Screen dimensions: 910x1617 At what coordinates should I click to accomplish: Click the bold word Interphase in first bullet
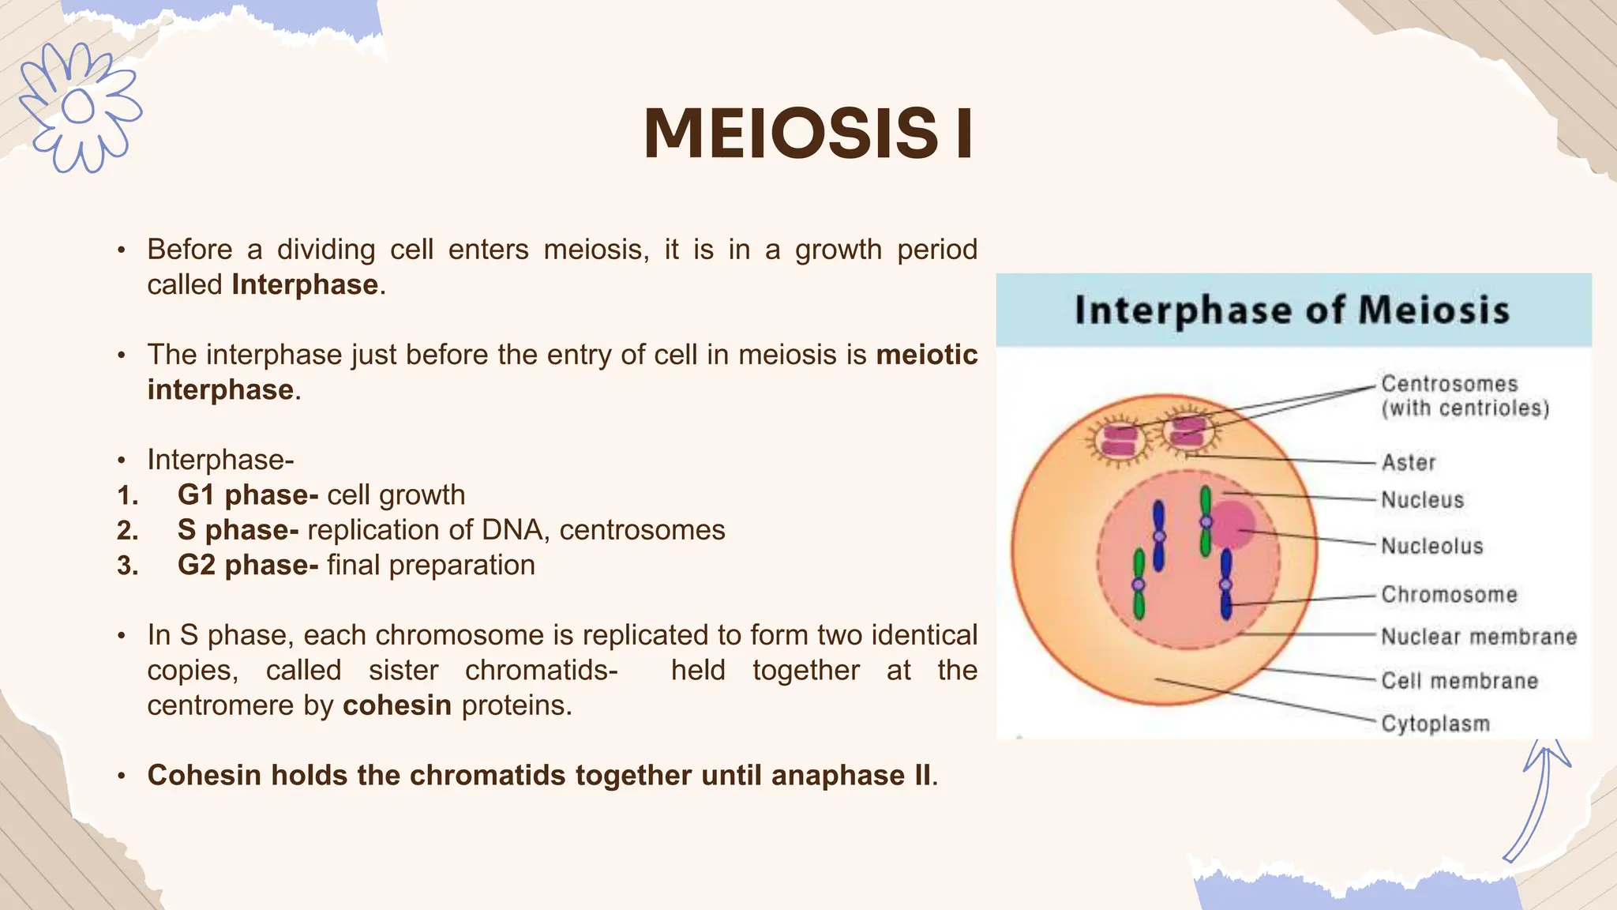(x=304, y=284)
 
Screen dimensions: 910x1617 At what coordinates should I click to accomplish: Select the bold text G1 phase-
(x=247, y=494)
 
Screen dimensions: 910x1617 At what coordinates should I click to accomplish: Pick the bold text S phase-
(x=238, y=530)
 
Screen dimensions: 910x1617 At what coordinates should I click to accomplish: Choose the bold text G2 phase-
(x=247, y=566)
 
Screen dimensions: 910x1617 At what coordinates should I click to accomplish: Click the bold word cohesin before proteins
(x=396, y=705)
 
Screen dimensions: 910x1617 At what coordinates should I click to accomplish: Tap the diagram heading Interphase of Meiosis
(x=1292, y=310)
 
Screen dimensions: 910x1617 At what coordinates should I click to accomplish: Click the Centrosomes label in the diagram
(x=1449, y=385)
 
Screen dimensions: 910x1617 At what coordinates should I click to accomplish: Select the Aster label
(x=1408, y=463)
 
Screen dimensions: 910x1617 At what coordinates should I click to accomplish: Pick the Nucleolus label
(x=1431, y=546)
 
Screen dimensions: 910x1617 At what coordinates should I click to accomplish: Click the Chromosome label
(x=1449, y=595)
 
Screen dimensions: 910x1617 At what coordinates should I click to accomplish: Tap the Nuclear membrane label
(x=1478, y=637)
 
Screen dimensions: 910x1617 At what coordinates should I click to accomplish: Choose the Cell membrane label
(x=1459, y=681)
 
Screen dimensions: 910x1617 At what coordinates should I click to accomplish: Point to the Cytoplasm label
(x=1435, y=724)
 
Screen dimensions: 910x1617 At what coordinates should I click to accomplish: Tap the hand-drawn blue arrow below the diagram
(x=1539, y=798)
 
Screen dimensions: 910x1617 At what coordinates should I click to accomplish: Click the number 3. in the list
(x=128, y=566)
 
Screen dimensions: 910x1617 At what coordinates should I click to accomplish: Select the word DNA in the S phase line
(x=514, y=530)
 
